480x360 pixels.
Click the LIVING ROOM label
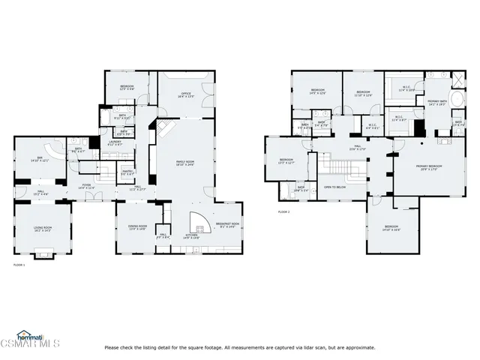[x=42, y=229]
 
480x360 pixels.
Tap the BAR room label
[x=39, y=160]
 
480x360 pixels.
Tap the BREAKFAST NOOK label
[x=226, y=224]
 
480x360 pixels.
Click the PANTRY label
[x=127, y=172]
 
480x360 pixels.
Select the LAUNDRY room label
[x=115, y=142]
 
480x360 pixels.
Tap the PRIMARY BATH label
[x=437, y=101]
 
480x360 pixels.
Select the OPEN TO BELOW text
[x=334, y=187]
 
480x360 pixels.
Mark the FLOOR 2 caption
[x=283, y=212]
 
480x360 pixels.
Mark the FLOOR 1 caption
[x=19, y=265]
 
